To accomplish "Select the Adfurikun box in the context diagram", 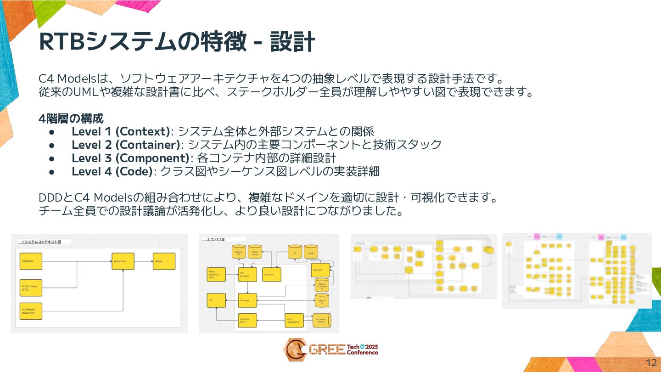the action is pyautogui.click(x=123, y=261).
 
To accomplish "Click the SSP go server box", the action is pyautogui.click(x=247, y=274).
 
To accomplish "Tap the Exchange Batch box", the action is pyautogui.click(x=247, y=320).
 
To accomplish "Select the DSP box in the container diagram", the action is pyautogui.click(x=216, y=301).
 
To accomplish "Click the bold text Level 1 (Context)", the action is pyautogui.click(x=121, y=131).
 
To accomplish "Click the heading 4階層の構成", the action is pyautogui.click(x=71, y=118).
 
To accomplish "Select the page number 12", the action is pyautogui.click(x=651, y=361).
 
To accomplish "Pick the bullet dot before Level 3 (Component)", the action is pyautogui.click(x=52, y=158).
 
